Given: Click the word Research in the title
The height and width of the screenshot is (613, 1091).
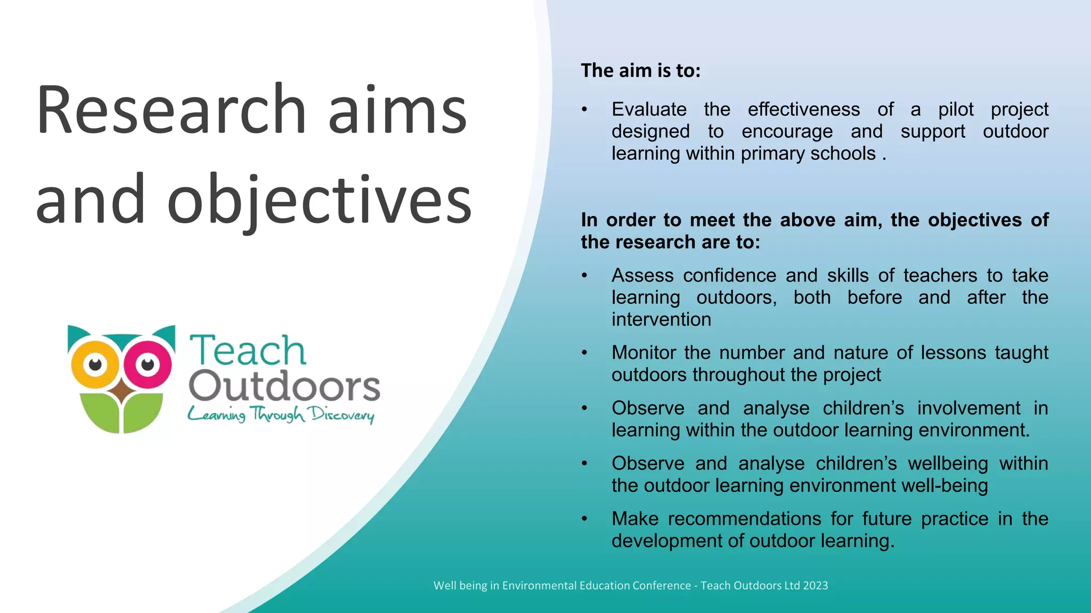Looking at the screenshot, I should tap(170, 110).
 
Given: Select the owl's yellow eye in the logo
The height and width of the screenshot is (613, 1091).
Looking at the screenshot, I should tap(96, 365).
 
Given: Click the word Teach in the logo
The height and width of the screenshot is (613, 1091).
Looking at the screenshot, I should tap(248, 351).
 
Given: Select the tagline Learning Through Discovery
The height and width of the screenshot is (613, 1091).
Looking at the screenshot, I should tap(281, 415).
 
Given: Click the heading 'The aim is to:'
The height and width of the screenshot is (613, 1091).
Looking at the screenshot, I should tap(640, 70).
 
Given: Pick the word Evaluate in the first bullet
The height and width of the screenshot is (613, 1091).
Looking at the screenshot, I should tap(649, 109).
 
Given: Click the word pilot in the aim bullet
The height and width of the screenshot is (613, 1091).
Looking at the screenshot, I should tap(956, 109).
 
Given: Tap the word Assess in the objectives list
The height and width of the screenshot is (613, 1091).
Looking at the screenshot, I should tap(642, 275).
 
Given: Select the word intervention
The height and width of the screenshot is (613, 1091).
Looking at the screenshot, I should tap(661, 319).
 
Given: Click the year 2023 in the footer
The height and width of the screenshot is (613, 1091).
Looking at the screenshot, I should tap(815, 585).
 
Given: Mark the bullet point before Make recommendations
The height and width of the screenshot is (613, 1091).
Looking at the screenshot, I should tap(584, 519).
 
